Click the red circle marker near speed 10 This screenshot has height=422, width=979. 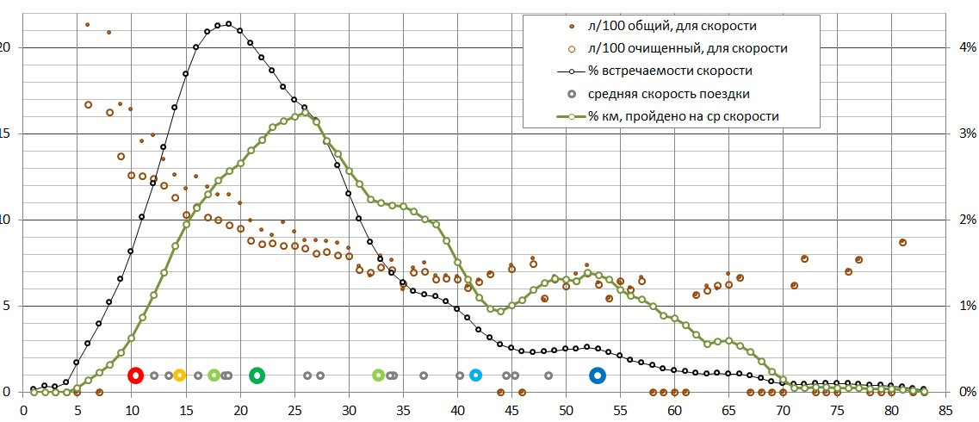[x=135, y=375]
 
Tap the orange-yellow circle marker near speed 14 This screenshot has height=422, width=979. [x=179, y=375]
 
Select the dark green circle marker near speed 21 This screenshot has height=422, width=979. [x=257, y=375]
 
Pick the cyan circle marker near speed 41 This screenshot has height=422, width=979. [x=475, y=375]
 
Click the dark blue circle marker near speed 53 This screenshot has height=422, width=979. [x=598, y=375]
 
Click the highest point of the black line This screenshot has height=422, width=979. [x=228, y=24]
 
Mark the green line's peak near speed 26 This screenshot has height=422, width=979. [x=305, y=113]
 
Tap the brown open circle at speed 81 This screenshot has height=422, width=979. [x=902, y=242]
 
